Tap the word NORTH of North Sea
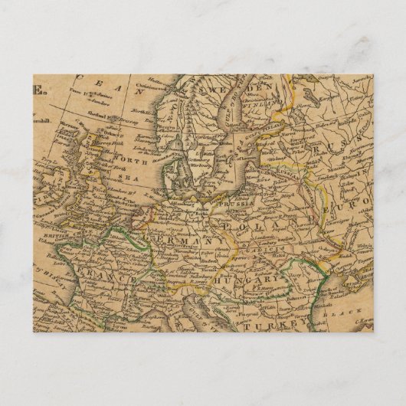click(130, 162)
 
